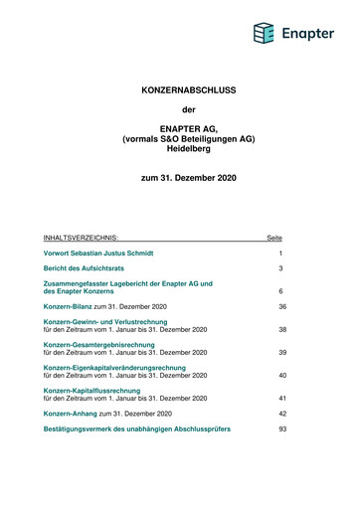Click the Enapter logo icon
point(263,35)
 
